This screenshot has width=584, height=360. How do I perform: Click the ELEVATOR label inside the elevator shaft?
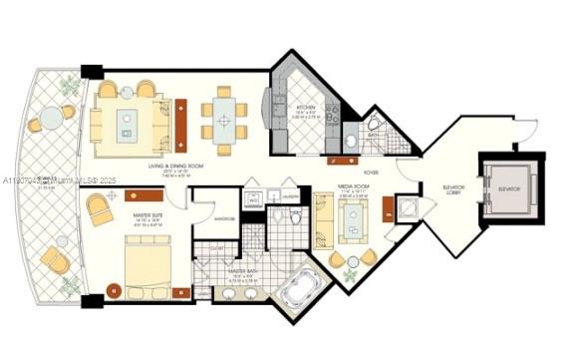509,186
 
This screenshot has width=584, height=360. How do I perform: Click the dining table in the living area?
225,121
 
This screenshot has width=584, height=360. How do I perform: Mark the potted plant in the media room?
351,272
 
